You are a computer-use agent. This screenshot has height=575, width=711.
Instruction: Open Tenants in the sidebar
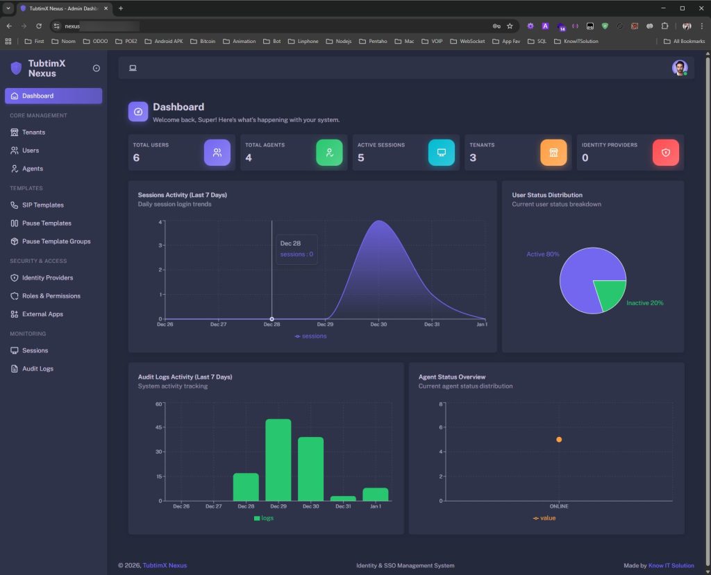pos(33,132)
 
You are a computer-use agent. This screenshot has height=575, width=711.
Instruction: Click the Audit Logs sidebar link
pos(37,368)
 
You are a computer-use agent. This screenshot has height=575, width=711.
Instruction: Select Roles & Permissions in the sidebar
pos(51,295)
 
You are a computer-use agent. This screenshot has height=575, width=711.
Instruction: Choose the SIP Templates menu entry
pos(42,205)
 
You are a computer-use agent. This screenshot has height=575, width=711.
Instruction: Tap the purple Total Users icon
pos(217,153)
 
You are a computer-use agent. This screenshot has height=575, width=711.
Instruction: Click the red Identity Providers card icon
pos(665,153)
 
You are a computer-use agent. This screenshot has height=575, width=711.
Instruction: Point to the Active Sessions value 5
pos(360,158)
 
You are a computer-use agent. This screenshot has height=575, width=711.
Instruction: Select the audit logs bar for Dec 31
pos(343,498)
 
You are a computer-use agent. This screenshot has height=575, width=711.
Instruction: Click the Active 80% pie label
pos(542,255)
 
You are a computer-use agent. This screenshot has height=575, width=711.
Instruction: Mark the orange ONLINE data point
pos(559,440)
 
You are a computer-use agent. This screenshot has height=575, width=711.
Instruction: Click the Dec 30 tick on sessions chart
pos(378,324)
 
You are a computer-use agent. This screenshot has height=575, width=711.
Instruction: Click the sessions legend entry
pos(310,336)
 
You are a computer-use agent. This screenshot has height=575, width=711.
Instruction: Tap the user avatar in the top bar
pos(679,67)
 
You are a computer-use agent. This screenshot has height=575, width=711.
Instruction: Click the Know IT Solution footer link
pos(671,565)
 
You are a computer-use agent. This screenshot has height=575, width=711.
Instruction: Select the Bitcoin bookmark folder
pos(203,42)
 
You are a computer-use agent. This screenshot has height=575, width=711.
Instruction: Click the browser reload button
pos(39,26)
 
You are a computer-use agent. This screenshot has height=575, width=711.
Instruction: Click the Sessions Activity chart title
pos(182,195)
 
